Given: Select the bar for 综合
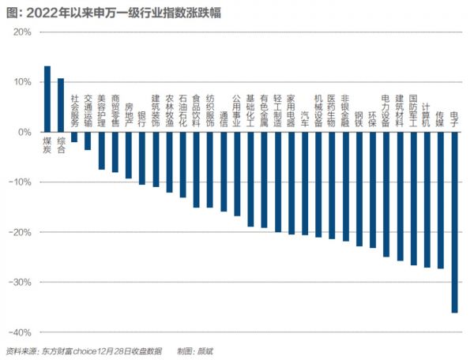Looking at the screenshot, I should [61, 105].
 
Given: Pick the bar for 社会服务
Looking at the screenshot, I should [74, 137].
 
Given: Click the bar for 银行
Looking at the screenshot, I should [142, 158].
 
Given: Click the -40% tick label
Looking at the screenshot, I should [20, 332].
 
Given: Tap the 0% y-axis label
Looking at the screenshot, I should [24, 133].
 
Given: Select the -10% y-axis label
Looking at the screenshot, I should [20, 182].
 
